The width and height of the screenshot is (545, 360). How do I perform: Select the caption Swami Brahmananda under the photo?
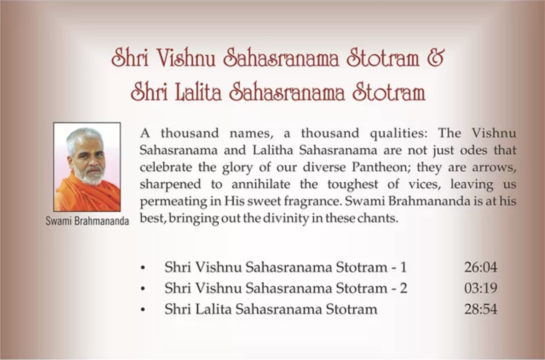(87, 221)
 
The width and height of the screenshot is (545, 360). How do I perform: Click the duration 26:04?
(481, 267)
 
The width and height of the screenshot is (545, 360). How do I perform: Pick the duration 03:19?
(481, 288)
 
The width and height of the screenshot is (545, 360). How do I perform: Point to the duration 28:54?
(481, 309)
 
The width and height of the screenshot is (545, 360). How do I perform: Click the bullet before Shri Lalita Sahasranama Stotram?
(143, 310)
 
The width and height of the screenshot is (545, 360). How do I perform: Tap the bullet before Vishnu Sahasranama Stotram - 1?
(143, 268)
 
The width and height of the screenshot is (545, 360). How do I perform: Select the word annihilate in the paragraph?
(261, 184)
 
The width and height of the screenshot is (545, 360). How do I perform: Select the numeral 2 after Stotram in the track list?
(403, 288)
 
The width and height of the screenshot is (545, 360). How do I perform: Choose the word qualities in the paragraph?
(398, 133)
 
